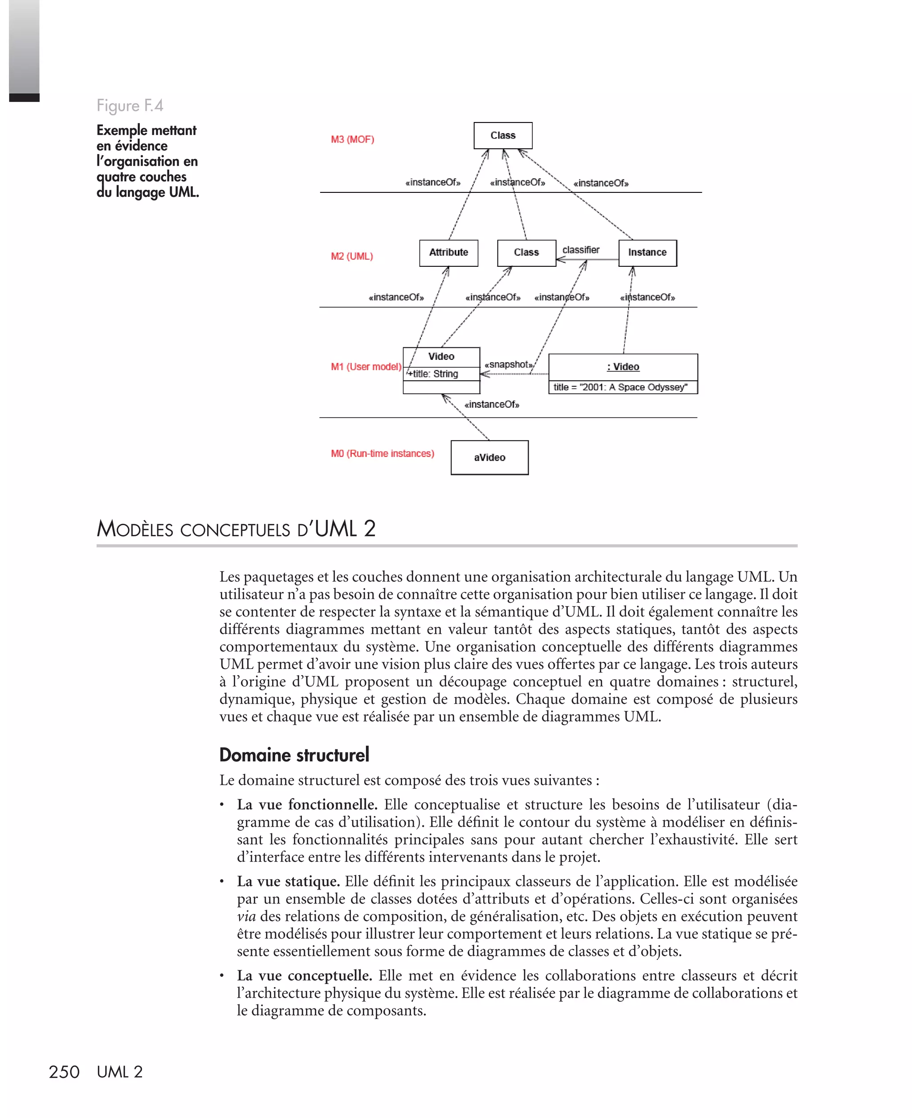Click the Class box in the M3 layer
pyautogui.click(x=503, y=135)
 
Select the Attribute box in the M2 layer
pyautogui.click(x=448, y=253)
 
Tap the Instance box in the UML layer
pyautogui.click(x=647, y=253)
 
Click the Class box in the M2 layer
pyautogui.click(x=526, y=253)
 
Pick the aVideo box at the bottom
pyautogui.click(x=490, y=457)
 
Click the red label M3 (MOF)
pyautogui.click(x=353, y=139)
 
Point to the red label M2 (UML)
pyautogui.click(x=352, y=257)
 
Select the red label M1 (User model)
pyautogui.click(x=366, y=367)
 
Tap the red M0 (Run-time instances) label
pyautogui.click(x=383, y=453)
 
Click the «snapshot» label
pyautogui.click(x=509, y=365)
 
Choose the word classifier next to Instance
pyautogui.click(x=581, y=250)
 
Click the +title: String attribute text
pyautogui.click(x=433, y=374)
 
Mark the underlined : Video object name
pyautogui.click(x=623, y=367)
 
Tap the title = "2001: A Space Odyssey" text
pyautogui.click(x=620, y=387)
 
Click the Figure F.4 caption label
pyautogui.click(x=130, y=106)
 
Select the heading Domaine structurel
pyautogui.click(x=294, y=755)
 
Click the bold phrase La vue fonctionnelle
pyautogui.click(x=307, y=804)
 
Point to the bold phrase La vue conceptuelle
pyautogui.click(x=304, y=975)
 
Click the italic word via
pyautogui.click(x=246, y=916)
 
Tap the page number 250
pyautogui.click(x=64, y=1072)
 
